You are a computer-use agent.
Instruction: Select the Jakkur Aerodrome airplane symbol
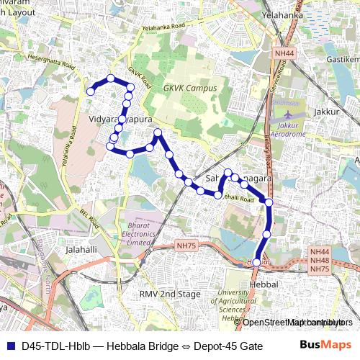[289, 114]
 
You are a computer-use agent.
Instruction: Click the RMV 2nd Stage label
[170, 294]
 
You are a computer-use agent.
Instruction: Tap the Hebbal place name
[263, 285]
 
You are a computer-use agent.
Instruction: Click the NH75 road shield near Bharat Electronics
[186, 246]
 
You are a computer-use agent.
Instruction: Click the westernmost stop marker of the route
[91, 91]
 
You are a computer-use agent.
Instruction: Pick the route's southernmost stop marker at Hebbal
[256, 263]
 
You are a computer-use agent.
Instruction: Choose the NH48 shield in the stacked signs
[320, 260]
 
